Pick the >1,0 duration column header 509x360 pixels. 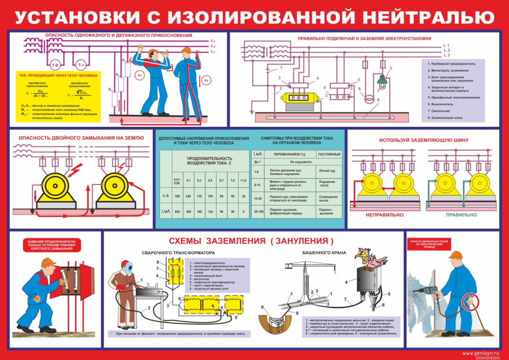243,180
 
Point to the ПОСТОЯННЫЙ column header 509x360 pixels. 329,155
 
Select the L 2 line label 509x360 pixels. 446,50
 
